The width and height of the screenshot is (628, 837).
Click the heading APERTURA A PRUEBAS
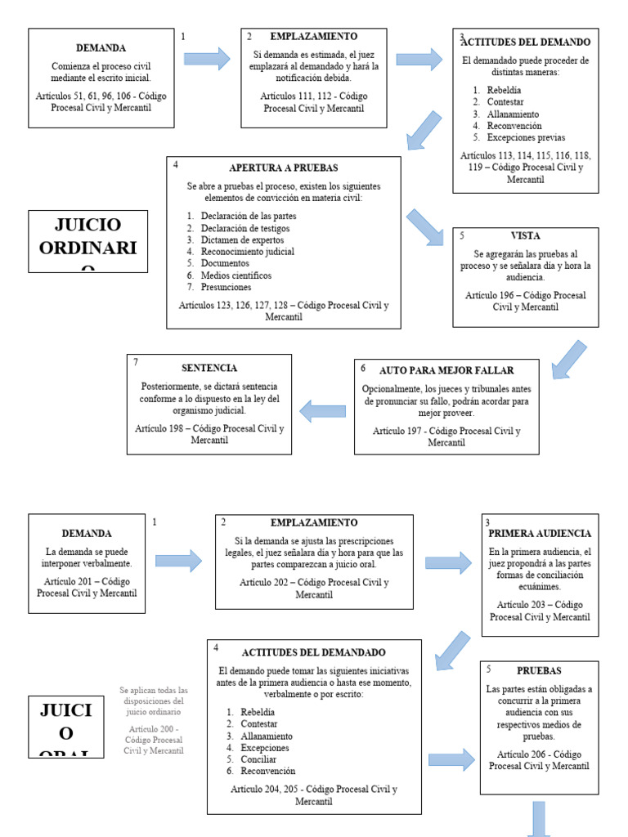pos(283,168)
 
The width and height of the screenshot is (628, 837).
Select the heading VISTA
pos(525,236)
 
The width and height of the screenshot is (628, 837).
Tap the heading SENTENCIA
pos(209,368)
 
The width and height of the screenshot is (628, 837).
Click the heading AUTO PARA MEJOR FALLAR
pos(446,370)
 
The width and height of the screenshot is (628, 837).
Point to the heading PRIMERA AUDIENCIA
pos(540,534)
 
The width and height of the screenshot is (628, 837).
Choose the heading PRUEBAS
pos(539,670)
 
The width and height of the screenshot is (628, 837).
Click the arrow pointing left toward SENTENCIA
pos(323,410)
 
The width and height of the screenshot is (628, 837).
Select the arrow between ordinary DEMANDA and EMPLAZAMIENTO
pos(207,58)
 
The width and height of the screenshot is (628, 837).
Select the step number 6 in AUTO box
pos(363,369)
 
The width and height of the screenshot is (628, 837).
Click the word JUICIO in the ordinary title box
pos(87,225)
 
